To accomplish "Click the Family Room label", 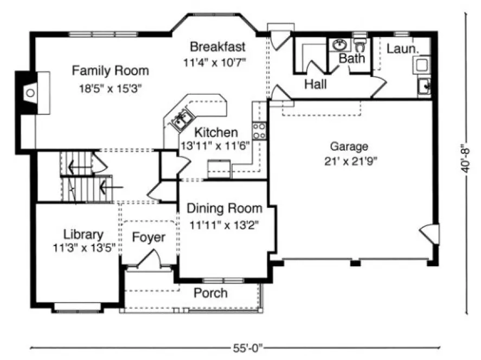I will [110, 70].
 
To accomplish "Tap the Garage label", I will [349, 146].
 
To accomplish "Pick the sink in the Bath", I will [341, 44].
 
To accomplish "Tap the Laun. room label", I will [402, 49].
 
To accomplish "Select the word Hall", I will [315, 84].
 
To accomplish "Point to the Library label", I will [83, 235].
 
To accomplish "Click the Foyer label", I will [149, 237].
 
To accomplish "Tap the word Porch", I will [210, 293].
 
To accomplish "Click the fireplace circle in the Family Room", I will [31, 93].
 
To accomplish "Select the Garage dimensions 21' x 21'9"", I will [349, 160].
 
